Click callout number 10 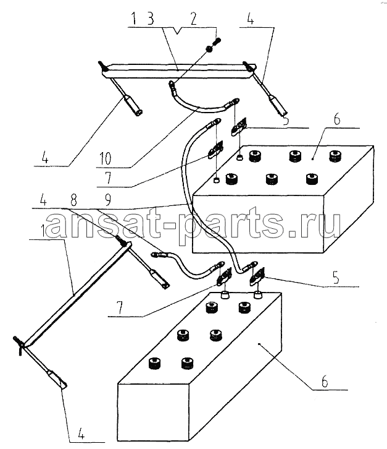pos(105,158)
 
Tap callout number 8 pos(73,200)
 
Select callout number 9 pos(107,200)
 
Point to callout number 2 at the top pos(193,19)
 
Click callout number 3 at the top pos(151,19)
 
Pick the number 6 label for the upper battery pos(337,119)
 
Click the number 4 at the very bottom pos(81,435)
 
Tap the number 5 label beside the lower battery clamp pos(336,277)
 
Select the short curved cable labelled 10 pos(202,100)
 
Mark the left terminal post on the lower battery pos(225,294)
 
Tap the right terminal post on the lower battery pos(258,294)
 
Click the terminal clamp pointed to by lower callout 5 pos(257,276)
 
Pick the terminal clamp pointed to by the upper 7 pos(216,150)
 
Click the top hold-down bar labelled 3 pos(178,71)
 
